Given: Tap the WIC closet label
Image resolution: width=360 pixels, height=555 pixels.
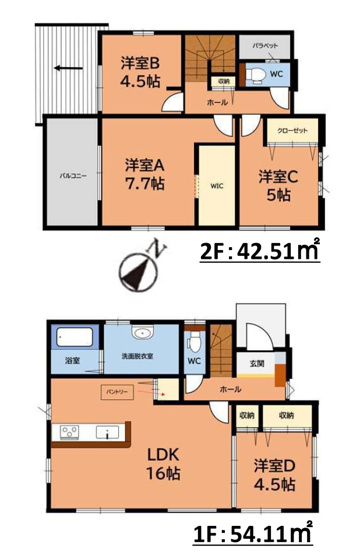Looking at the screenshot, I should (217, 185).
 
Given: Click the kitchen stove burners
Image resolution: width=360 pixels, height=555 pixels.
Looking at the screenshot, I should (71, 432).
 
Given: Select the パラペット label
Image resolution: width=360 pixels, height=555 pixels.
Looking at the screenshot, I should (265, 47).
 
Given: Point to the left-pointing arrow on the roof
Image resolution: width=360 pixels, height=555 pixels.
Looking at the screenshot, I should (68, 68).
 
